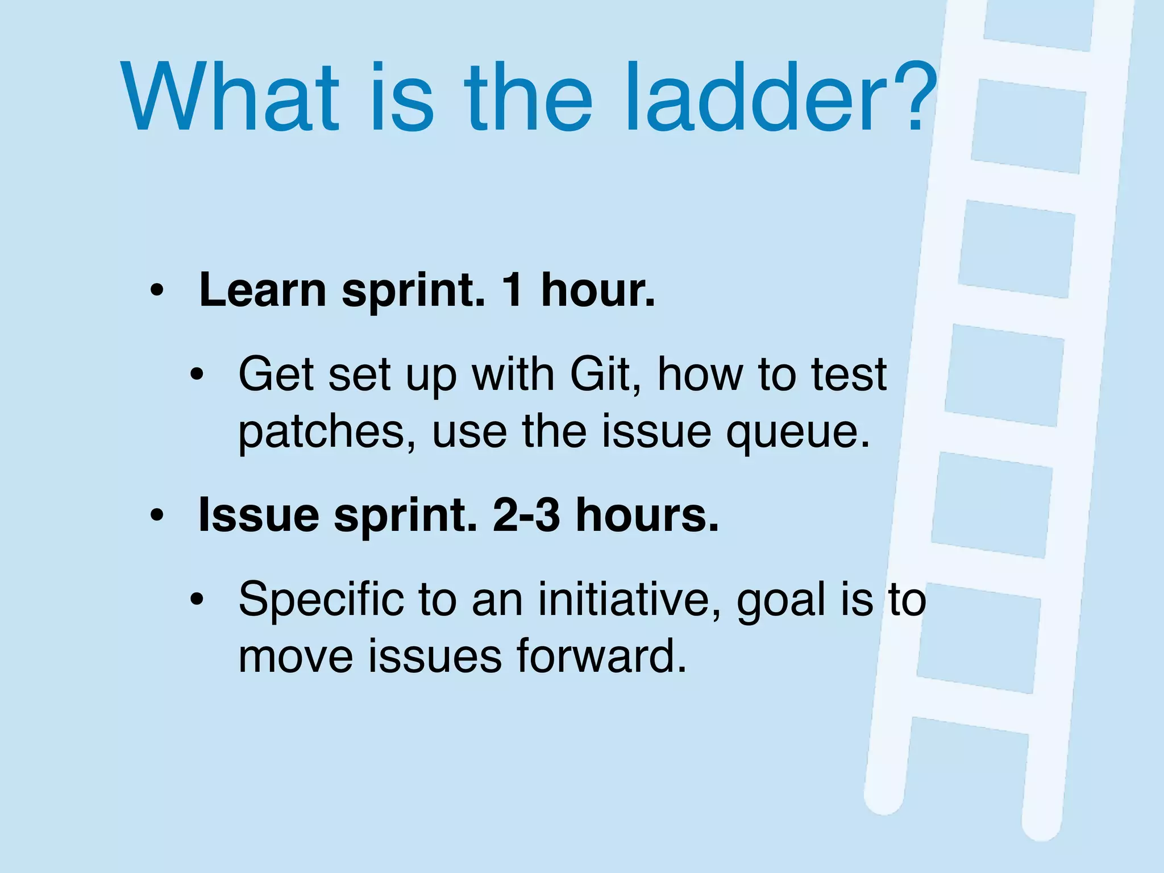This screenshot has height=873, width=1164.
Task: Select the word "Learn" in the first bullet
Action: click(263, 290)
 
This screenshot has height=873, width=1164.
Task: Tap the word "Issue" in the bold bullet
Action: click(259, 515)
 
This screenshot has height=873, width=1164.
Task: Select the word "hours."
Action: click(647, 515)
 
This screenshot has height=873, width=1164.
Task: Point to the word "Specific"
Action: click(320, 600)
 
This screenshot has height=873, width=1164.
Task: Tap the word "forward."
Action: click(602, 656)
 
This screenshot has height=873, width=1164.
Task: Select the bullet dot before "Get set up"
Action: click(197, 375)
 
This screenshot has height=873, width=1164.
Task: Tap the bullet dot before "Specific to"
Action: click(197, 600)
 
